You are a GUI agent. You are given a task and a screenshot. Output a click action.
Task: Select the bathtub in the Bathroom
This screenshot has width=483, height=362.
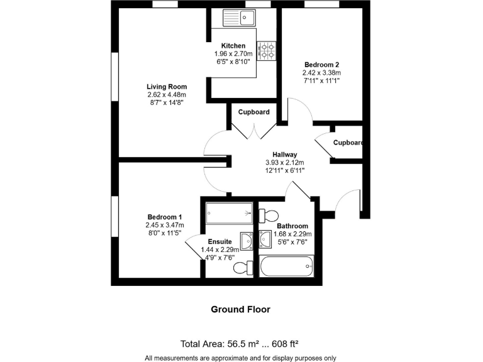point(286,266)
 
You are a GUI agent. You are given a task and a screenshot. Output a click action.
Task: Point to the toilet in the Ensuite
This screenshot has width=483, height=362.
point(241,268)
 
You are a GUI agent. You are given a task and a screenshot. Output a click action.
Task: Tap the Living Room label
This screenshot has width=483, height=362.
point(167,87)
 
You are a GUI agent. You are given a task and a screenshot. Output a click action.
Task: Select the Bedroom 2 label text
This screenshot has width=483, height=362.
point(322,65)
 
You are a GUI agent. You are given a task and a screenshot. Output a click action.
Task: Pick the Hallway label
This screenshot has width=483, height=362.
point(284,155)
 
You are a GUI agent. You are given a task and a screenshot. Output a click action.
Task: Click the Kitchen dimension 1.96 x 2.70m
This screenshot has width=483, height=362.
point(233,54)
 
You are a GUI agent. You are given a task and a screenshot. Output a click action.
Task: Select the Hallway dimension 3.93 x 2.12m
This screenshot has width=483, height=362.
point(284,162)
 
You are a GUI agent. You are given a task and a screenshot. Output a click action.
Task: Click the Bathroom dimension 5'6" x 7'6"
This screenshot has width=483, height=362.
point(292,242)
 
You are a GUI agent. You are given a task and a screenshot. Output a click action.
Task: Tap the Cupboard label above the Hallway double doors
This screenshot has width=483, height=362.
point(254,112)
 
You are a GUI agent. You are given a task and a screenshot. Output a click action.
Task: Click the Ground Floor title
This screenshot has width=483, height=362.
point(241,309)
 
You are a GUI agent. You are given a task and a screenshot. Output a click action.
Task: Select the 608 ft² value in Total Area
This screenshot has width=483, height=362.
point(282,344)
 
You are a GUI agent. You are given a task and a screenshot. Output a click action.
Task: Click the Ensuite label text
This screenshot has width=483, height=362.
point(220,242)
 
